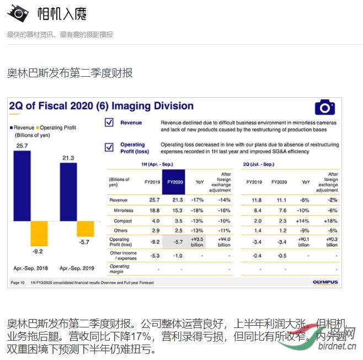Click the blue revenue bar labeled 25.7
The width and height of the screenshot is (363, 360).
click(22, 186)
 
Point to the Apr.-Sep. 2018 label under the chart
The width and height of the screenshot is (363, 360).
click(31, 268)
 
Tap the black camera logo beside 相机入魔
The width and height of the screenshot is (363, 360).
click(18, 14)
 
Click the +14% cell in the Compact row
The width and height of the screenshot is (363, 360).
click(303, 221)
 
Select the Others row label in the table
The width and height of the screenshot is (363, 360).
click(120, 230)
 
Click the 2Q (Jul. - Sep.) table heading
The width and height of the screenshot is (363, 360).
click(258, 165)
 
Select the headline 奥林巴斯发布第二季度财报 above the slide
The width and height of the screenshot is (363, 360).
click(70, 73)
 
